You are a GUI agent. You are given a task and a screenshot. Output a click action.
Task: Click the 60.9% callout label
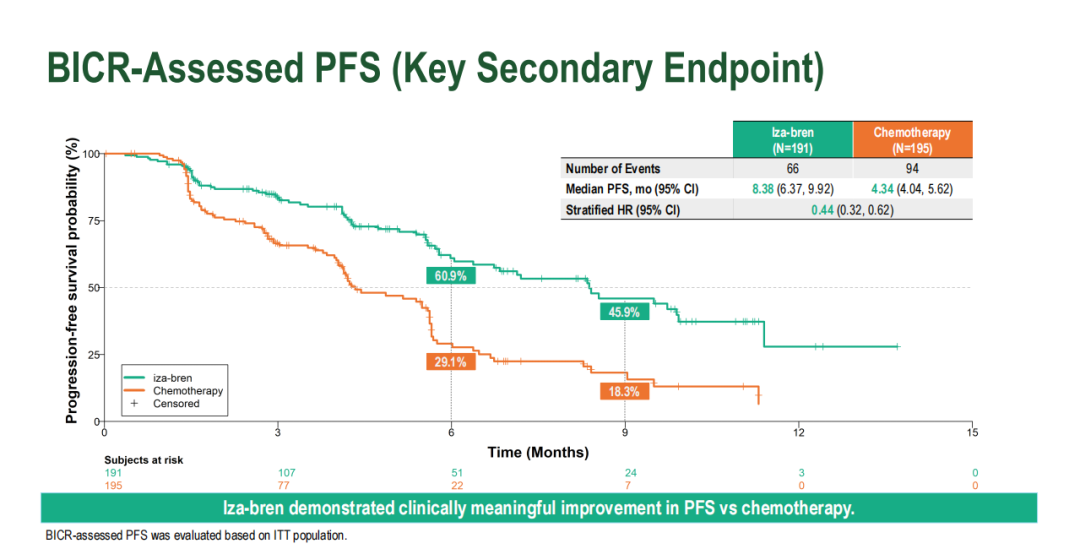coord(451,276)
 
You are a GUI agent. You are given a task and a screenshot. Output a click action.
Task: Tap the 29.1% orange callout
coord(451,362)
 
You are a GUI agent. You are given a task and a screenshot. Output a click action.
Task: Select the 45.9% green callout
coord(625,312)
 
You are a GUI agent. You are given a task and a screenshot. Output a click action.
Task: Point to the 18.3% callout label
coord(625,392)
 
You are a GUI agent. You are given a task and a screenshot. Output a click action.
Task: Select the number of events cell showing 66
coord(792,169)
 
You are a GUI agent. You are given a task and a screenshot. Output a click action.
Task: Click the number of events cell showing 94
coord(911,169)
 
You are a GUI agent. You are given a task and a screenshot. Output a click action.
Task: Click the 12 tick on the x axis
coord(799,432)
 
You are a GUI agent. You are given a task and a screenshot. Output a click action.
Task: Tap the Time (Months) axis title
coord(538,452)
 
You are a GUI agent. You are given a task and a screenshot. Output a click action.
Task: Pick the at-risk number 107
coord(278,473)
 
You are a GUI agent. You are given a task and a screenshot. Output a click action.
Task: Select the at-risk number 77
coord(278,486)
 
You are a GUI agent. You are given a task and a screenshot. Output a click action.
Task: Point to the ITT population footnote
coord(196,536)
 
